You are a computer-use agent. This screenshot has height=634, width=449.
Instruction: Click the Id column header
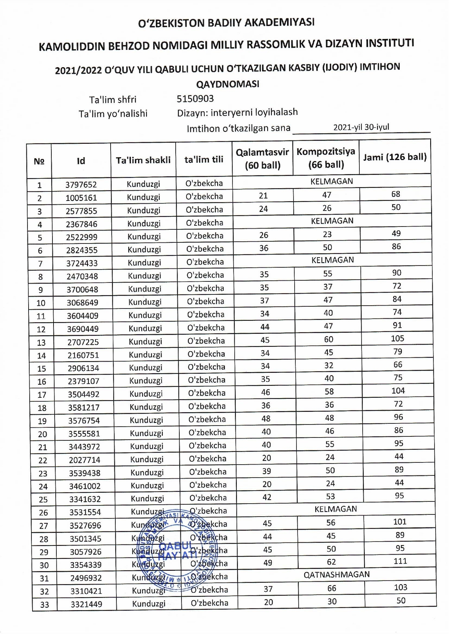(81, 161)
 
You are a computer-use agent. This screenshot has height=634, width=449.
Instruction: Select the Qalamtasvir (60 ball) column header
(262, 159)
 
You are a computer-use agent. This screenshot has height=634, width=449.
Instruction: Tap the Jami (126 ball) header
(395, 157)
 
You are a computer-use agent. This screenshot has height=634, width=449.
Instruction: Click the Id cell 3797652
(81, 185)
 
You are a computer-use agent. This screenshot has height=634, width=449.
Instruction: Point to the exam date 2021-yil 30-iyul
(361, 127)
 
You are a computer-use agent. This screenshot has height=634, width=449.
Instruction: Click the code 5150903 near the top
(195, 99)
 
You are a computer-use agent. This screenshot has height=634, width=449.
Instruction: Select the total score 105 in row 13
(397, 338)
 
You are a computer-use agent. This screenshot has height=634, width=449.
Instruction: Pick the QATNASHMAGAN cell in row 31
(337, 574)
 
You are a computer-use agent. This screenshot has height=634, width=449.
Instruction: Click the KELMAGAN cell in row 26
(335, 509)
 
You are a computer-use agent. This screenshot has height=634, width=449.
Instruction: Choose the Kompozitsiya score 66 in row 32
(332, 588)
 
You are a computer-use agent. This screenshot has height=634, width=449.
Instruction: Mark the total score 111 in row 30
(400, 561)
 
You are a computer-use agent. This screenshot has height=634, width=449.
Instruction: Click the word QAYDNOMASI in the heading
(227, 84)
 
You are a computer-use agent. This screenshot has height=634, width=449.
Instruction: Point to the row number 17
(42, 395)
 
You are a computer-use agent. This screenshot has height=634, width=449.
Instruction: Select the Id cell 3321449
(86, 604)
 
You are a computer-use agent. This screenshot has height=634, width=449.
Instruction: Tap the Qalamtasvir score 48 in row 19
(266, 418)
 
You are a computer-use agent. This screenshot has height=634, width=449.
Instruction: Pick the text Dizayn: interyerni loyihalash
(237, 113)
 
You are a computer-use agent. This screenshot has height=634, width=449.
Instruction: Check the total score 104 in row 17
(398, 391)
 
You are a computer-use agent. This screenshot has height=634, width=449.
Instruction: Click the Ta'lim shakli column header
(143, 160)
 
